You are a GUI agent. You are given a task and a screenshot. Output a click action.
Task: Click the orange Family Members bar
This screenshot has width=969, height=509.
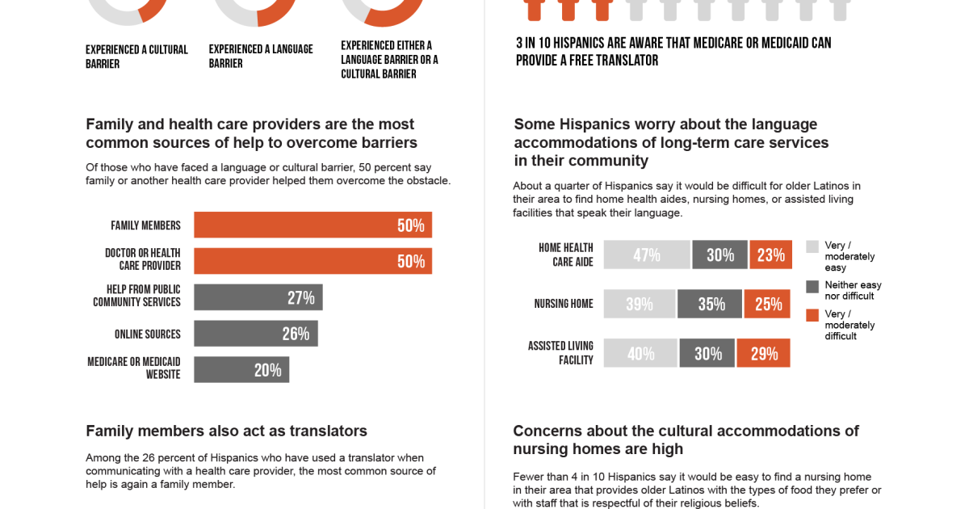313,225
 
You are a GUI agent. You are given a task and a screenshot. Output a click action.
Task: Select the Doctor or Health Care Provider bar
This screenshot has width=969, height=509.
313,261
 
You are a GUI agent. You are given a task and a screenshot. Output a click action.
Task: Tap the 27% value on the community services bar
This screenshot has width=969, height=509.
300,297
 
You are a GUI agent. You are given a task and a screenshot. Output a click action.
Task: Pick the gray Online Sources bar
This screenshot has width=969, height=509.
255,334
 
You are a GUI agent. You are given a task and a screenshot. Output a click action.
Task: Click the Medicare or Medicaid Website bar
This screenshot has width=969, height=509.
241,370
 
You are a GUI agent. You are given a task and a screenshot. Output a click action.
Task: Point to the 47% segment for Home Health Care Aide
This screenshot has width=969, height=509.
647,255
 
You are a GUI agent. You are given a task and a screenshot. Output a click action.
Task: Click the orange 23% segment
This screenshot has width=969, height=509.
770,255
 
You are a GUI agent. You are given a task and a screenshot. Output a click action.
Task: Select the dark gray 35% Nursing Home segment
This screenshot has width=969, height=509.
710,304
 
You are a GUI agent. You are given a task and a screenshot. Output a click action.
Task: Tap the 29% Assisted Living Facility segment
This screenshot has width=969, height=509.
763,353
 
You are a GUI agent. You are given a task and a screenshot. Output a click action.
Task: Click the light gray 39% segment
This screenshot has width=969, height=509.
639,304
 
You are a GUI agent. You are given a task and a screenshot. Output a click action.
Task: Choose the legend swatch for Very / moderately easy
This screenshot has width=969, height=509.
812,246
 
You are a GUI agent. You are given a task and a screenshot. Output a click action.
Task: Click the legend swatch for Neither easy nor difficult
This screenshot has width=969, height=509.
812,286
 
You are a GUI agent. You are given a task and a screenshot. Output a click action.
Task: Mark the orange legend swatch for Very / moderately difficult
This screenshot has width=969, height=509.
812,314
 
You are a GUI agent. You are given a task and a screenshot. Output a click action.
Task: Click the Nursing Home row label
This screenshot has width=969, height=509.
564,304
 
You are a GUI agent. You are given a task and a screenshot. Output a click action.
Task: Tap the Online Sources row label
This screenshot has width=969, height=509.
147,334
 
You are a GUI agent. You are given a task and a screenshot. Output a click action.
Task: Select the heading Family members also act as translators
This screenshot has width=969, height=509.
226,431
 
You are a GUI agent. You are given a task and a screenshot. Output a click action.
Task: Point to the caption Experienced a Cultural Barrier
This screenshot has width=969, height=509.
136,57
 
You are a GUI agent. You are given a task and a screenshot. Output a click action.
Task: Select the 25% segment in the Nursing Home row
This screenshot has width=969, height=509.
767,304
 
